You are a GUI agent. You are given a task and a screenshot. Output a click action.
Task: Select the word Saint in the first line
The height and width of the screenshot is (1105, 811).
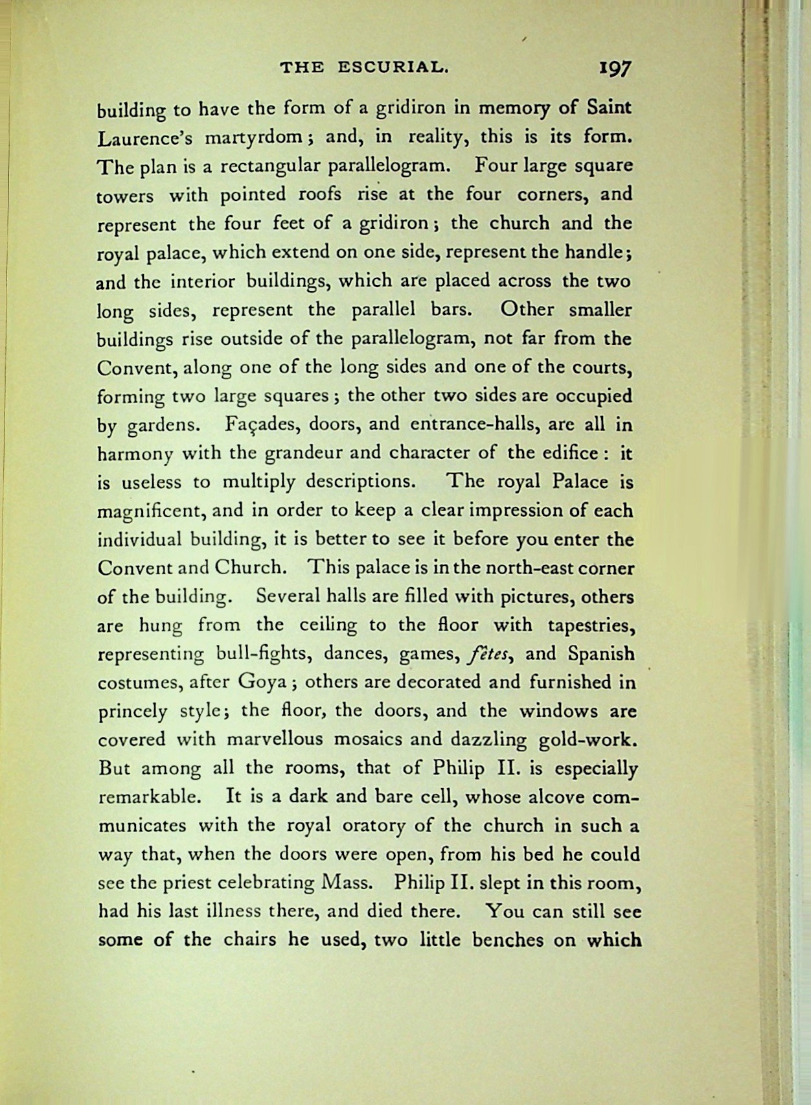click(609, 108)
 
